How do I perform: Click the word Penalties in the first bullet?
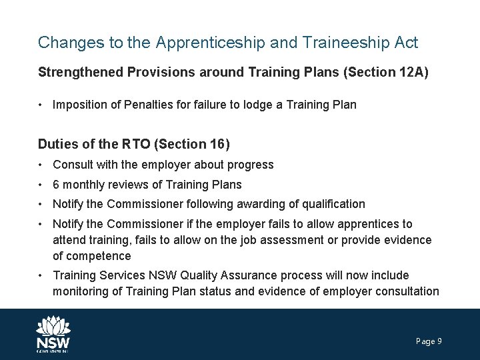tap(147, 105)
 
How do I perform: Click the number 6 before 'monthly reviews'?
tap(56, 184)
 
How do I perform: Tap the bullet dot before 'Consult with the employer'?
tap(41, 165)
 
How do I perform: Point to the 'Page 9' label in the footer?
tap(429, 341)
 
